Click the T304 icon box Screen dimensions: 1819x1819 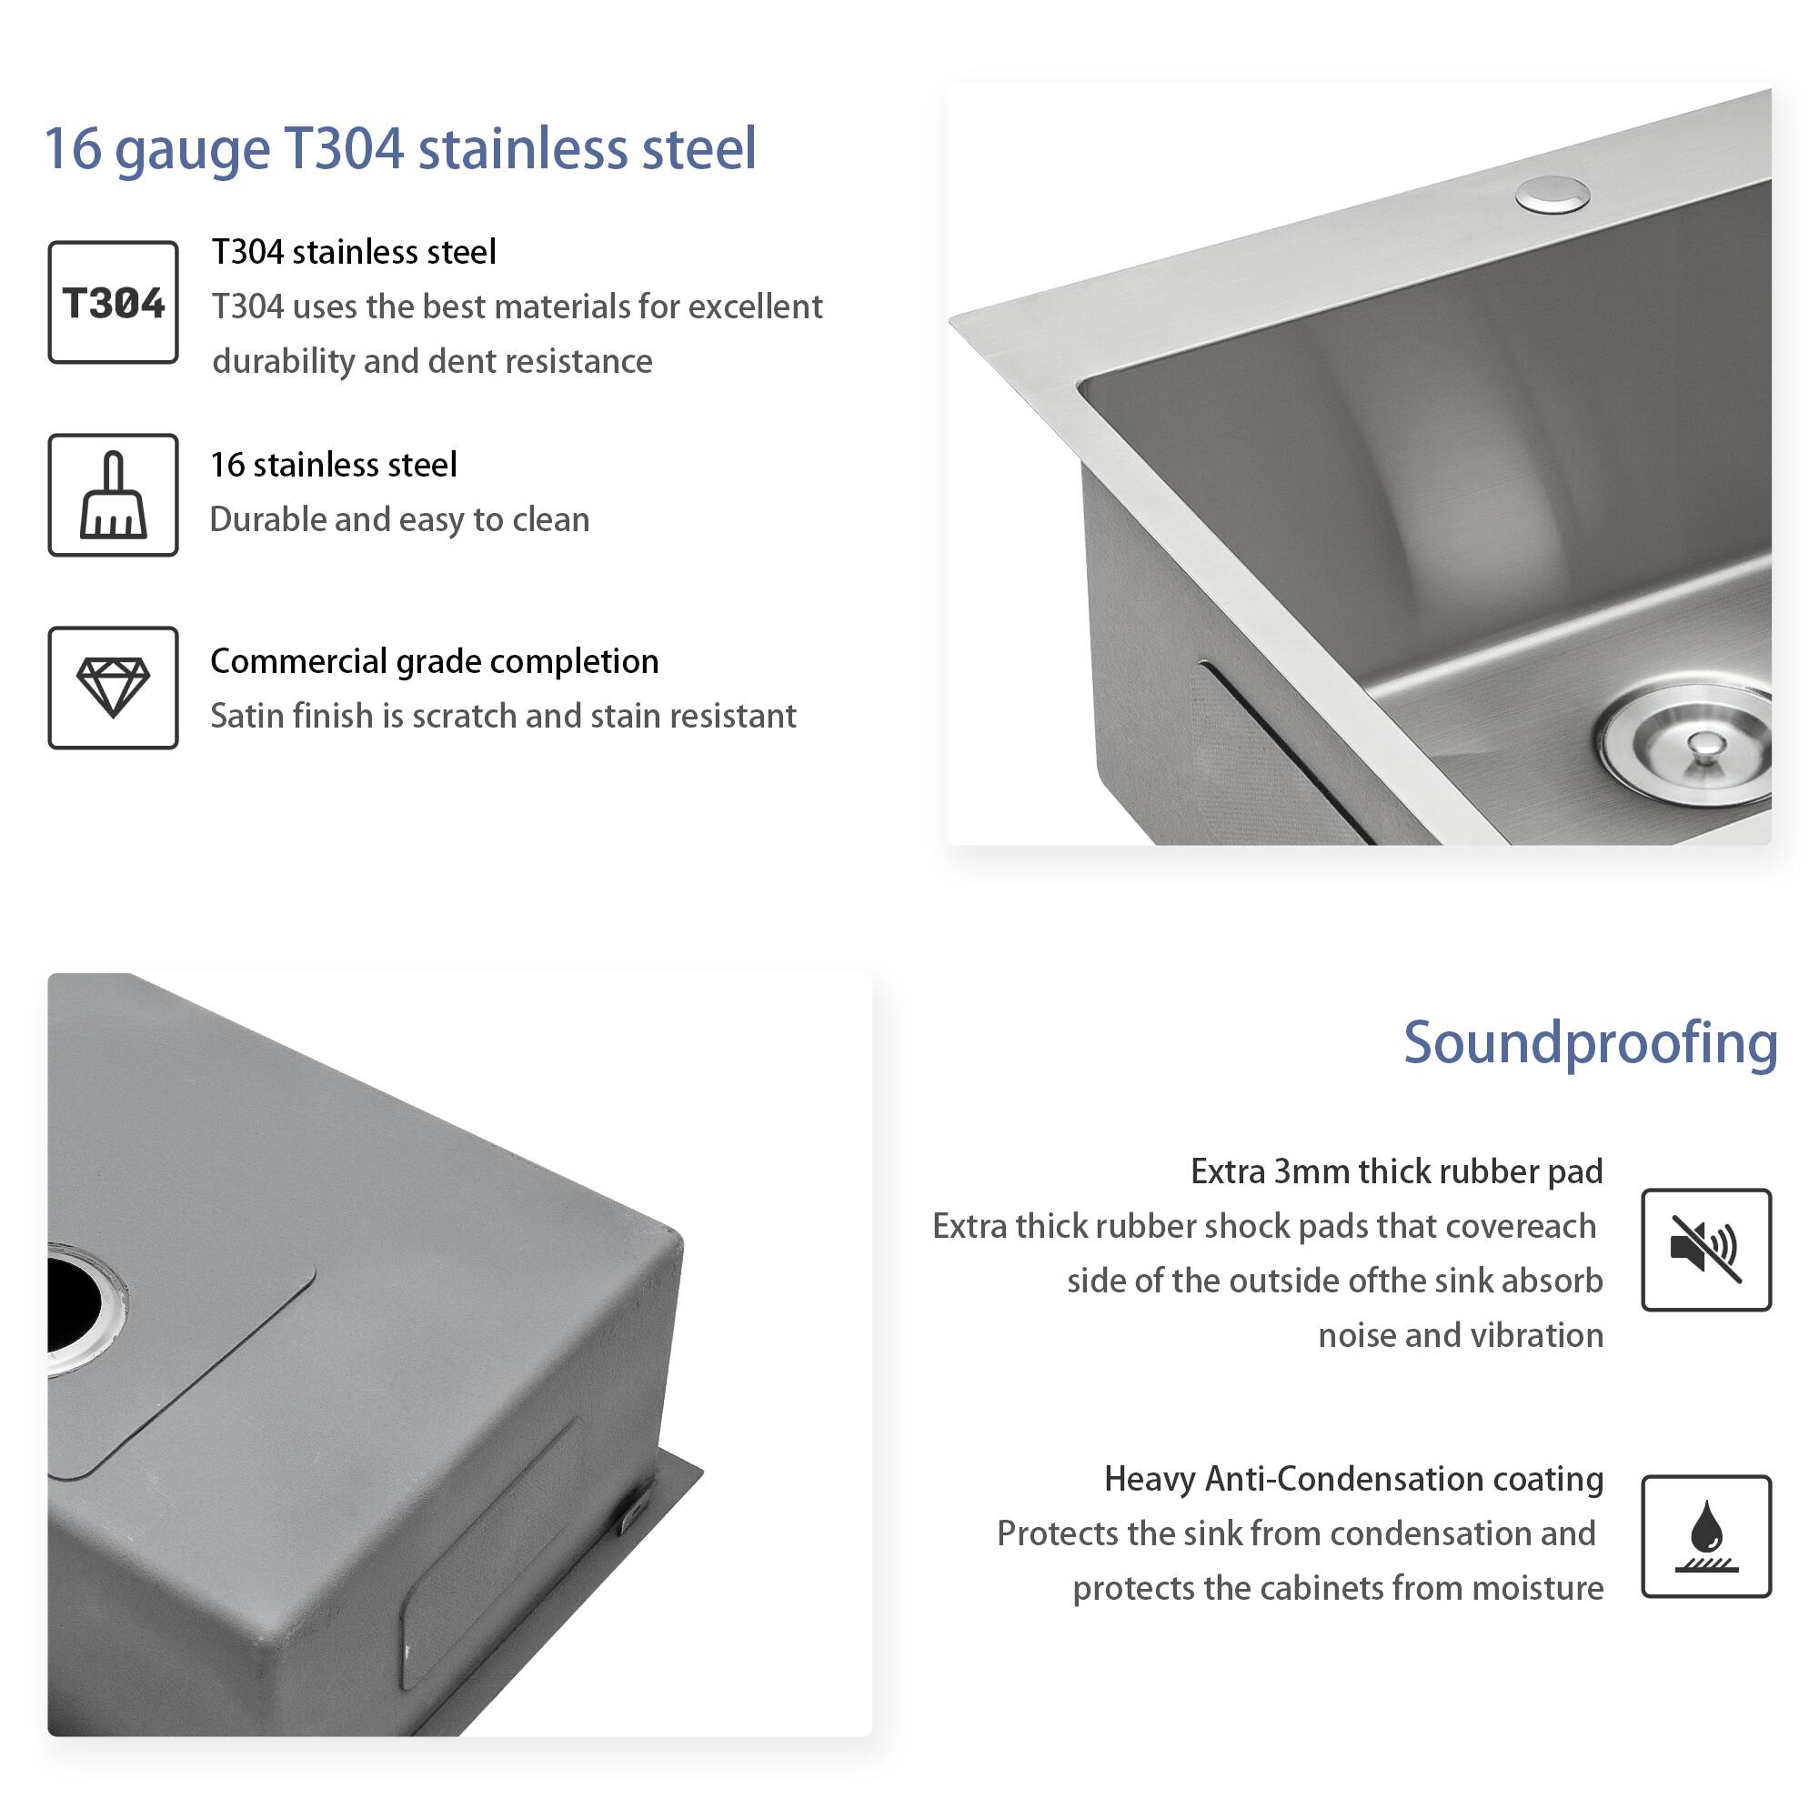pos(113,303)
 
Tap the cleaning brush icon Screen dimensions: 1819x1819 pos(113,497)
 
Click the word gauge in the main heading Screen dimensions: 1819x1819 pos(192,151)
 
